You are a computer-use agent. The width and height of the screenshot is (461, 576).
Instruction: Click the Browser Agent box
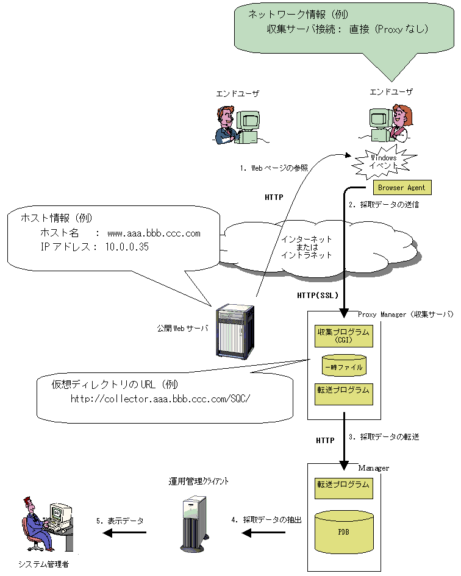[x=401, y=188]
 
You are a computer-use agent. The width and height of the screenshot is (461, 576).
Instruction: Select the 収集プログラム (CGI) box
[x=343, y=336]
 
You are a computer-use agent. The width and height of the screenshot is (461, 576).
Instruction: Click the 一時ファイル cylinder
[x=344, y=366]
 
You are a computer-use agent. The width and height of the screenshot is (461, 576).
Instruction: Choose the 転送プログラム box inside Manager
[x=343, y=486]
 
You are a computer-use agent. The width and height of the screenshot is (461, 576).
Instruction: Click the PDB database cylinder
[x=344, y=530]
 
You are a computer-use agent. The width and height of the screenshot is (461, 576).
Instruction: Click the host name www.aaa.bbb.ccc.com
[x=154, y=233]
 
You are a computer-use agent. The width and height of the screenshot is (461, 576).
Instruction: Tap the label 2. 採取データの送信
[x=384, y=205]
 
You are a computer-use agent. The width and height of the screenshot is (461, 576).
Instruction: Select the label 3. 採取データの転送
[x=384, y=437]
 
